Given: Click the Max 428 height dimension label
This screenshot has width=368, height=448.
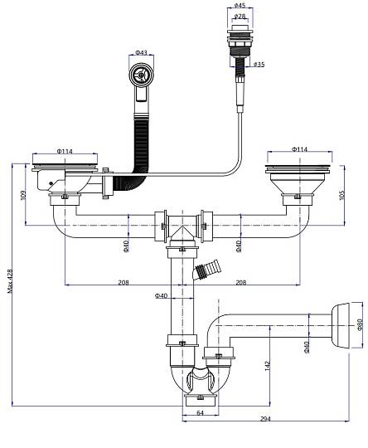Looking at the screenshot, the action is coord(10,281).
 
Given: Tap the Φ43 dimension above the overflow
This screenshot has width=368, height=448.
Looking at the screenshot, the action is coord(141,52).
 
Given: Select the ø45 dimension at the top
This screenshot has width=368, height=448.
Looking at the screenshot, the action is coord(240,5).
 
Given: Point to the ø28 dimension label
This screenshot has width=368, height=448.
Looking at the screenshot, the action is coord(240,17).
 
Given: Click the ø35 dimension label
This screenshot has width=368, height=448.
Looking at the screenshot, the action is coord(259,64).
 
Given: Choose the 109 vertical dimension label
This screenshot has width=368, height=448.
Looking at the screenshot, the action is coord(23,195).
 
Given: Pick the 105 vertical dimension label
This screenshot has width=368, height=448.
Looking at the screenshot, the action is coord(342,195).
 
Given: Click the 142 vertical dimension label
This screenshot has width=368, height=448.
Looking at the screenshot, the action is coord(267,366).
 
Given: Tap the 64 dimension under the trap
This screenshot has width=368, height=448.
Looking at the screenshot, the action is coord(200,412).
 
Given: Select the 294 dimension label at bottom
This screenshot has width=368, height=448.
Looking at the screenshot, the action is coord(265,419).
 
